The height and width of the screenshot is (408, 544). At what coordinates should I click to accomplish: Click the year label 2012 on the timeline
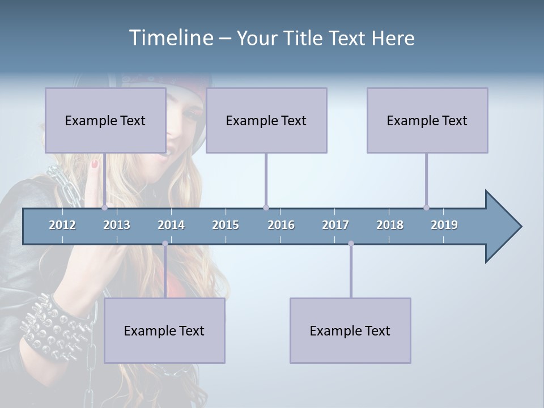(x=62, y=225)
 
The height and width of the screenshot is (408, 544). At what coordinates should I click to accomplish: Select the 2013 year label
(x=117, y=225)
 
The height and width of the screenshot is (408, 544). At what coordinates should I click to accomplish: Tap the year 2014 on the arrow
(x=171, y=225)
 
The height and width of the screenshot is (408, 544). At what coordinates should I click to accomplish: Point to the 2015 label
(x=226, y=225)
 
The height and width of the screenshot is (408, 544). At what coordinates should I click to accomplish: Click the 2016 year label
(x=281, y=225)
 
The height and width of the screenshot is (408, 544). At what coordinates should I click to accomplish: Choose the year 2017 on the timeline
(x=335, y=225)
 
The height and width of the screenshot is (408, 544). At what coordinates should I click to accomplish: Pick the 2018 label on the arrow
(x=390, y=225)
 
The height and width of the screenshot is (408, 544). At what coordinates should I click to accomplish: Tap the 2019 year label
(x=444, y=225)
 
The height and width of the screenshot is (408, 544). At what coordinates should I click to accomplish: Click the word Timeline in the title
(x=170, y=38)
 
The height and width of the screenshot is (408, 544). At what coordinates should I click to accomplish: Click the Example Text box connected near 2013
(x=105, y=120)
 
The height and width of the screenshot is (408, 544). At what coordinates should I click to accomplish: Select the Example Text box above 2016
(x=266, y=120)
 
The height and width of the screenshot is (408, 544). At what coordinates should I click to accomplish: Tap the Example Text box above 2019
(x=427, y=120)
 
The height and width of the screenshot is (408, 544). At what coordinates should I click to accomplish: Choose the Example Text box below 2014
(x=164, y=330)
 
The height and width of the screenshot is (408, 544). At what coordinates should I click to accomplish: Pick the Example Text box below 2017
(x=350, y=330)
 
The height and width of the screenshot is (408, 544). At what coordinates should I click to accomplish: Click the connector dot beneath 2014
(x=165, y=244)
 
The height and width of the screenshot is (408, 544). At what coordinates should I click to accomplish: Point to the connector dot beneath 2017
(x=351, y=244)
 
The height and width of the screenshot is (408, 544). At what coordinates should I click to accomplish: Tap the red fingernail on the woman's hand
(x=95, y=164)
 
